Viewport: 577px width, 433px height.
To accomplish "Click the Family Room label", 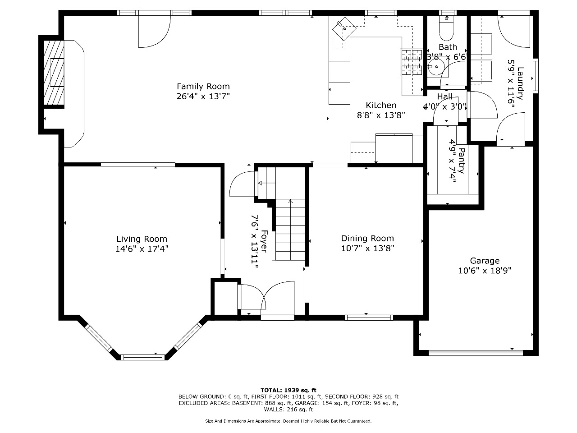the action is [203, 86].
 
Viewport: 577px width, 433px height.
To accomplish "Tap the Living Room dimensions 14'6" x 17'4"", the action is [142, 249].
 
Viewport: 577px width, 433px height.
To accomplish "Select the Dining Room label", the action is [367, 239].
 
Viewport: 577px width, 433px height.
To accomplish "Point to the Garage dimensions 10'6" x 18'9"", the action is [485, 271].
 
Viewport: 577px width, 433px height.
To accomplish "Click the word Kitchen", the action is [381, 105].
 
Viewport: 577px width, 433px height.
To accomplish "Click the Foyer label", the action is [264, 241].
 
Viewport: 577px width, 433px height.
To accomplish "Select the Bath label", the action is [448, 47].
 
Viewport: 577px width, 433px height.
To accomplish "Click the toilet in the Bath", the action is [446, 28].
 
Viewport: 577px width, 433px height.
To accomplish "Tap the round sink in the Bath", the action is [436, 67].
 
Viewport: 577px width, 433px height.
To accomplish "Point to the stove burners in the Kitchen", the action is [412, 62].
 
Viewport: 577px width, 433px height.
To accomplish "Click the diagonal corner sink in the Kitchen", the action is [344, 28].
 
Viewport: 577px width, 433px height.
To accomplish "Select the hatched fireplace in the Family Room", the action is [54, 73].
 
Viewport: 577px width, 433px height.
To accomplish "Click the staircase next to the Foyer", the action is [289, 230].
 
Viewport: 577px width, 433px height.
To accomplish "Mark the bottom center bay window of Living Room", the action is [143, 357].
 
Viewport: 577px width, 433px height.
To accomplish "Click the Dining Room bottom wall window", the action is [369, 318].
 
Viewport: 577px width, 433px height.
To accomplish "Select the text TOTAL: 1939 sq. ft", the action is [288, 390].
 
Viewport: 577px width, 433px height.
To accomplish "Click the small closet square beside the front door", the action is [226, 299].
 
